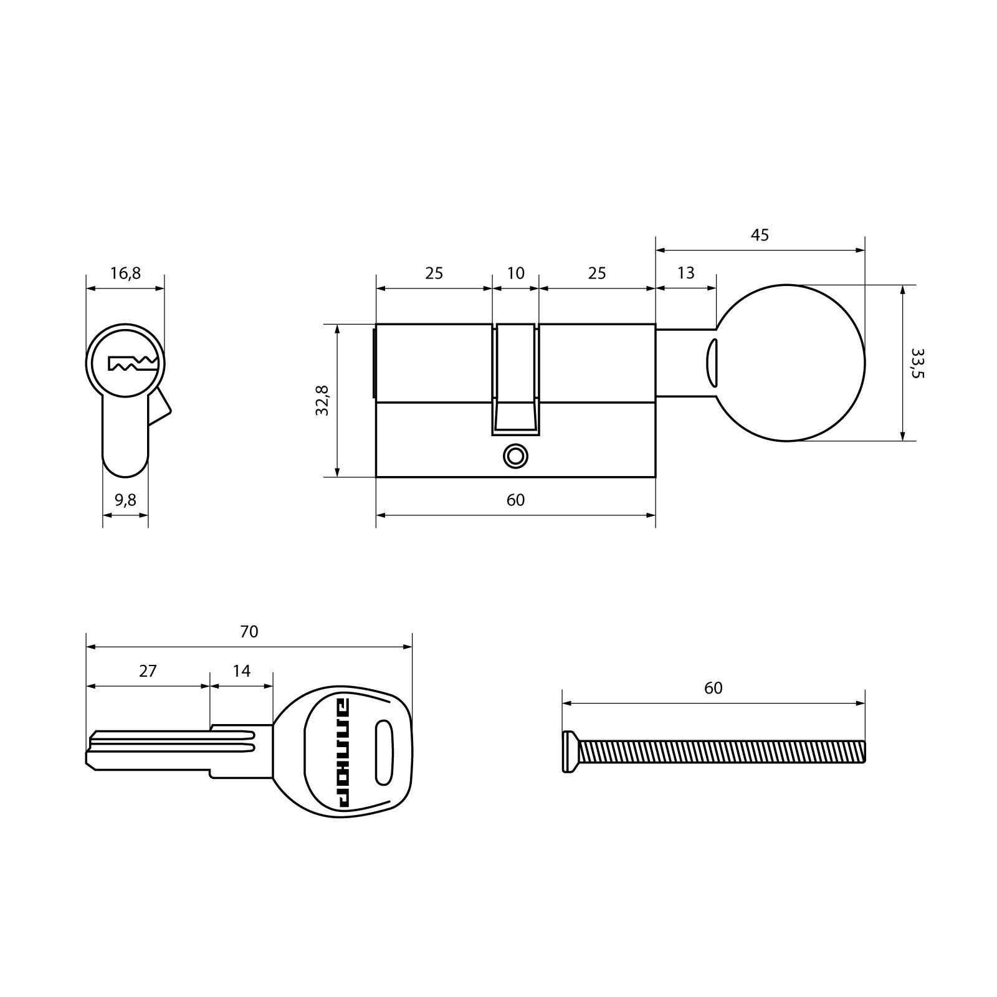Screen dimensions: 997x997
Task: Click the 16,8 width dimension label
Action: tap(126, 273)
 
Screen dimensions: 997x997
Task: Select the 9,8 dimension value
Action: tap(125, 500)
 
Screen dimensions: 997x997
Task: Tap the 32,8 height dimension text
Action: tap(322, 400)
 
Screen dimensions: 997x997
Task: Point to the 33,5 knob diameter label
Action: tap(918, 363)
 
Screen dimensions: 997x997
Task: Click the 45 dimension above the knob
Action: tap(760, 235)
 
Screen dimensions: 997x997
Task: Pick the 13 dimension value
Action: tap(685, 273)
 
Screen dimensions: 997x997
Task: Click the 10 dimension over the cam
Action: tap(516, 273)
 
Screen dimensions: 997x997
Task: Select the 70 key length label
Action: tap(249, 632)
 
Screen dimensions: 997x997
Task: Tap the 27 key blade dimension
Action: tap(148, 671)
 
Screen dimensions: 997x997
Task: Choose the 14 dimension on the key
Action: tap(241, 671)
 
